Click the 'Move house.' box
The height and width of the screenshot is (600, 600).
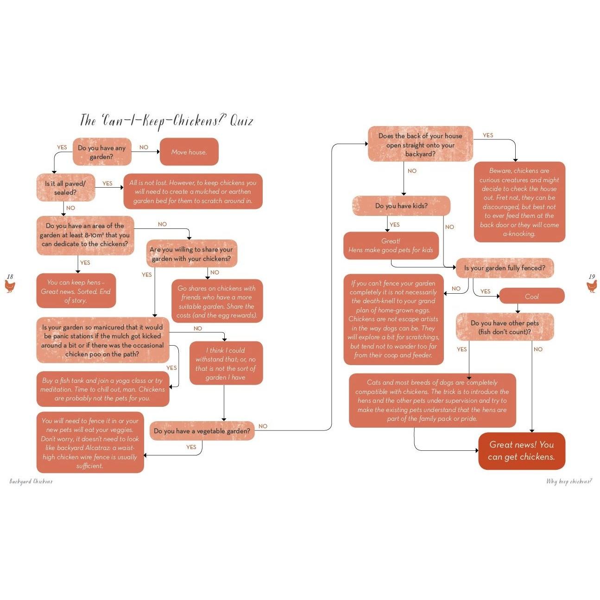189,152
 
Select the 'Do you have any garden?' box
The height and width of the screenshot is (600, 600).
102,152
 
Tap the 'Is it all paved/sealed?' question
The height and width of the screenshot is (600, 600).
66,188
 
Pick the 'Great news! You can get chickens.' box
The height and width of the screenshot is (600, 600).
522,450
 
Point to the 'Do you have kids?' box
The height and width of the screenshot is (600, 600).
401,206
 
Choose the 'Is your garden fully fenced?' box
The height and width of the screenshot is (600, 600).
505,268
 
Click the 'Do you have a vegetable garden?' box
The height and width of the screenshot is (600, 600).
202,431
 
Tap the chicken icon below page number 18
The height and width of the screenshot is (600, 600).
10,286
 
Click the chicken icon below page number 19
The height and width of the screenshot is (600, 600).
592,286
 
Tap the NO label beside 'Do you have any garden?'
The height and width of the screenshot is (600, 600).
144,147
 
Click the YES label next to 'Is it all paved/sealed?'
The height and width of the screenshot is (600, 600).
107,183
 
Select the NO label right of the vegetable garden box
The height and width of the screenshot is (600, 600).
263,426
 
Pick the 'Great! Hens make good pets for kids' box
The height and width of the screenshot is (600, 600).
391,246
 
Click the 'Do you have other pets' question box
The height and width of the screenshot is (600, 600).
505,327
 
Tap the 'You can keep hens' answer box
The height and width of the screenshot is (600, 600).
76,291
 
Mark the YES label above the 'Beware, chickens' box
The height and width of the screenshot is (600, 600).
488,135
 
